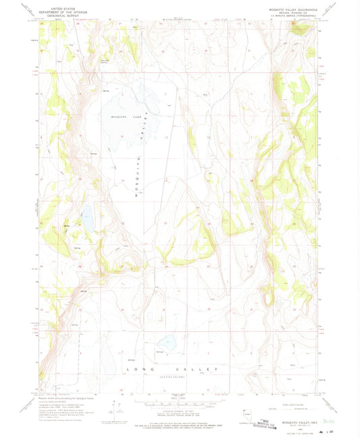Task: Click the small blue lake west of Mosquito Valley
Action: (x=87, y=219)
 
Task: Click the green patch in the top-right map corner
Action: (x=301, y=28)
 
